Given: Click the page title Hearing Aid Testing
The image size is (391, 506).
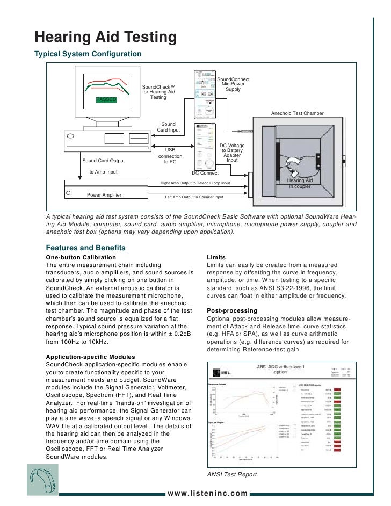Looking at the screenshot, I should click(x=106, y=37).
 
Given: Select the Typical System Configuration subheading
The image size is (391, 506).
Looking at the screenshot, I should click(x=88, y=54).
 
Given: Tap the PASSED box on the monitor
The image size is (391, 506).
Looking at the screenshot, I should click(x=109, y=99).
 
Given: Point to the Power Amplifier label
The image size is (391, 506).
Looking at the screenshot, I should click(x=104, y=194).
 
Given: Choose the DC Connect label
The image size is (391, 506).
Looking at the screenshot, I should click(x=205, y=173).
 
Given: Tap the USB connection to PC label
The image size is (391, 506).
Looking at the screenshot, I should click(x=170, y=156).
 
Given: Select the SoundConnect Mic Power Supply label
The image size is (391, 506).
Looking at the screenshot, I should click(x=233, y=84).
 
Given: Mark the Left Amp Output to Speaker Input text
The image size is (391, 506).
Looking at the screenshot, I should click(x=194, y=197).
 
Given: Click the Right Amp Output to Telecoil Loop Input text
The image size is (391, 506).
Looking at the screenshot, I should click(x=195, y=183).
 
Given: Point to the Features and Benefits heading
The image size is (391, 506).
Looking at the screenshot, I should click(x=85, y=248).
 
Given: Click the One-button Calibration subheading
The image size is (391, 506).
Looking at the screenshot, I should click(x=81, y=258).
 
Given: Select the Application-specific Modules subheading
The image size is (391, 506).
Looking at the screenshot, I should click(x=91, y=357).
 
